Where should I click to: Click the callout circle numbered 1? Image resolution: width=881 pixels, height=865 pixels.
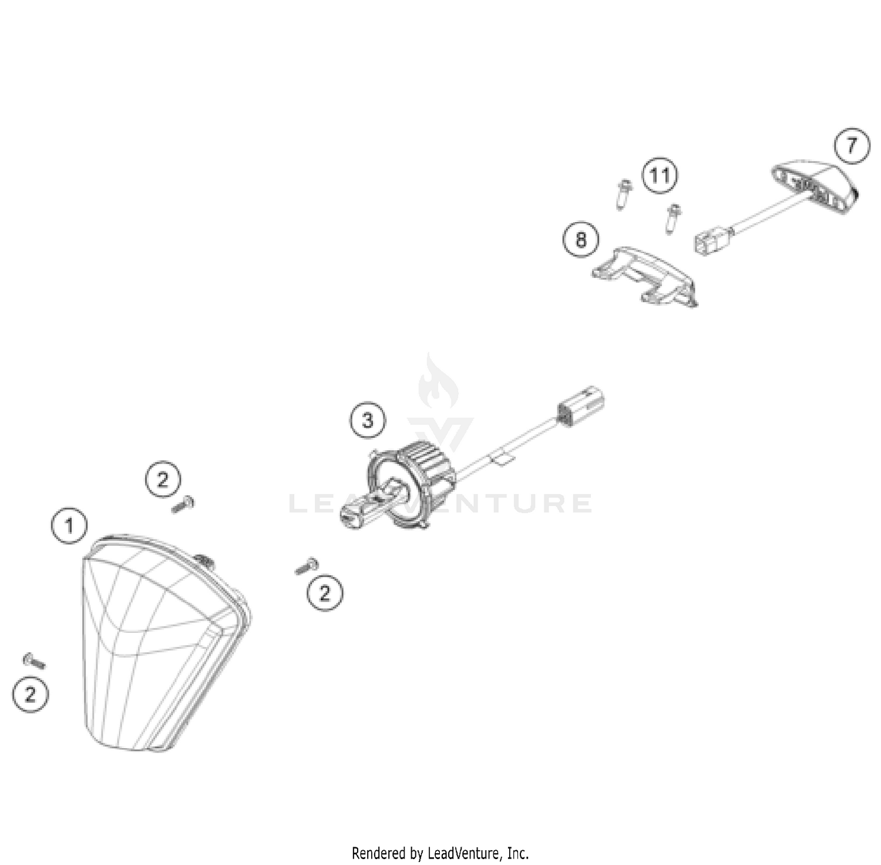pyautogui.click(x=69, y=525)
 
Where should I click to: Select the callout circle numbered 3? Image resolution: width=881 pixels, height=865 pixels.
pyautogui.click(x=368, y=420)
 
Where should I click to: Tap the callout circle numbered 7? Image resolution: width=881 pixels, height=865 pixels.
pyautogui.click(x=852, y=145)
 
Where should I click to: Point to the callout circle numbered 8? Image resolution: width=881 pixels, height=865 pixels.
pyautogui.click(x=581, y=240)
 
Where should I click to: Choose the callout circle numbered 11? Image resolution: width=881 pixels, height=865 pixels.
pyautogui.click(x=660, y=175)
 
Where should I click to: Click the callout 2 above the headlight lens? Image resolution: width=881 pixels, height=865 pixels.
pyautogui.click(x=163, y=480)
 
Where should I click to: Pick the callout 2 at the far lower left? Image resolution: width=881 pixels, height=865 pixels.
pyautogui.click(x=31, y=695)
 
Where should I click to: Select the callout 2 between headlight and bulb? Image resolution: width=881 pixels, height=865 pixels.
pyautogui.click(x=325, y=592)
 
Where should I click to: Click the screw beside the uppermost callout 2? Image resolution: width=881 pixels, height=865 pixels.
pyautogui.click(x=183, y=504)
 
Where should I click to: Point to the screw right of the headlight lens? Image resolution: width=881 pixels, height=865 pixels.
pyautogui.click(x=307, y=566)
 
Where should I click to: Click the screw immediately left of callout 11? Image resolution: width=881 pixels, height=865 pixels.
pyautogui.click(x=623, y=194)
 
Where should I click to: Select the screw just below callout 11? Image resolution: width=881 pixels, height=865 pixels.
pyautogui.click(x=672, y=218)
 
